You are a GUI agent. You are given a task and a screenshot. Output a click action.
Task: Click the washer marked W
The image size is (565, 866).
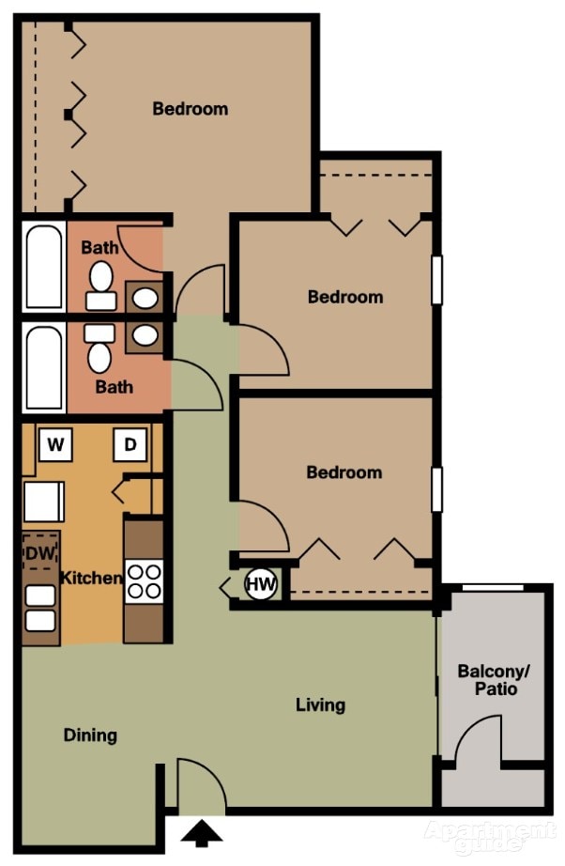(x=55, y=445)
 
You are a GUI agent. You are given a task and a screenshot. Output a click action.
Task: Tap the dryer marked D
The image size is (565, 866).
(x=130, y=445)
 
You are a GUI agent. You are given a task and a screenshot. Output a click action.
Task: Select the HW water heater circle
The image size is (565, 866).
(x=261, y=585)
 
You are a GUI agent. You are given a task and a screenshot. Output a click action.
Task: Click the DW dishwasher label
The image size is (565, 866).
(x=40, y=553)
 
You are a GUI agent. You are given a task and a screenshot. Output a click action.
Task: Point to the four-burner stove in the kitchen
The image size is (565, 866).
(x=144, y=580)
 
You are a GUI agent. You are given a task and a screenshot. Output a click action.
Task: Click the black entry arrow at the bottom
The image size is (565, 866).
(x=203, y=832)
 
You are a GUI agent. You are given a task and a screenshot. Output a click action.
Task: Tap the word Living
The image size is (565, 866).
(x=320, y=704)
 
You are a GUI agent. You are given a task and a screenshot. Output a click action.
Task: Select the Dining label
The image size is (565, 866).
(x=90, y=735)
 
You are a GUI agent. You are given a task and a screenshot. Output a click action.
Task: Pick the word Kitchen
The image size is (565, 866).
(x=91, y=578)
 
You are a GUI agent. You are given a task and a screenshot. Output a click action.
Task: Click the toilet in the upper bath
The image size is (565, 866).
(x=99, y=283)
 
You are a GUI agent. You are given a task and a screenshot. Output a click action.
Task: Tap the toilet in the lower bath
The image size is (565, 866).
(x=99, y=349)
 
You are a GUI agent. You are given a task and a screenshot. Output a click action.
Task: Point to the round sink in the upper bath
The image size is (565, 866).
(x=145, y=298)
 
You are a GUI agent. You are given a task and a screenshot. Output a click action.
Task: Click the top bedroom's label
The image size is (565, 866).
(x=190, y=109)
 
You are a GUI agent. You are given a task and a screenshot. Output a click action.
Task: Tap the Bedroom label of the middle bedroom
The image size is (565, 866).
(x=345, y=297)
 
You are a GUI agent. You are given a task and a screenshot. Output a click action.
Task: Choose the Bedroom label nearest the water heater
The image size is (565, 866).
(x=344, y=472)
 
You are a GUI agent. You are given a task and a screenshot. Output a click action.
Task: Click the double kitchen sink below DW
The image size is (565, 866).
(x=40, y=608)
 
